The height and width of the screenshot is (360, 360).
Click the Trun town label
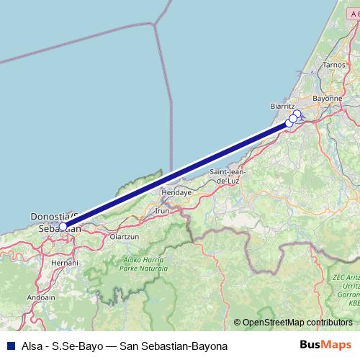(x=163, y=211)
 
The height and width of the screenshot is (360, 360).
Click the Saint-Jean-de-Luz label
(x=228, y=176)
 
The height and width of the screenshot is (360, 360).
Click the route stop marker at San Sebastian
(x=63, y=226)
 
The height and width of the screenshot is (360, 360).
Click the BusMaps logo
(x=328, y=346)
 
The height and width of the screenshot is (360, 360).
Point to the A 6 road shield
(x=352, y=14)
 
